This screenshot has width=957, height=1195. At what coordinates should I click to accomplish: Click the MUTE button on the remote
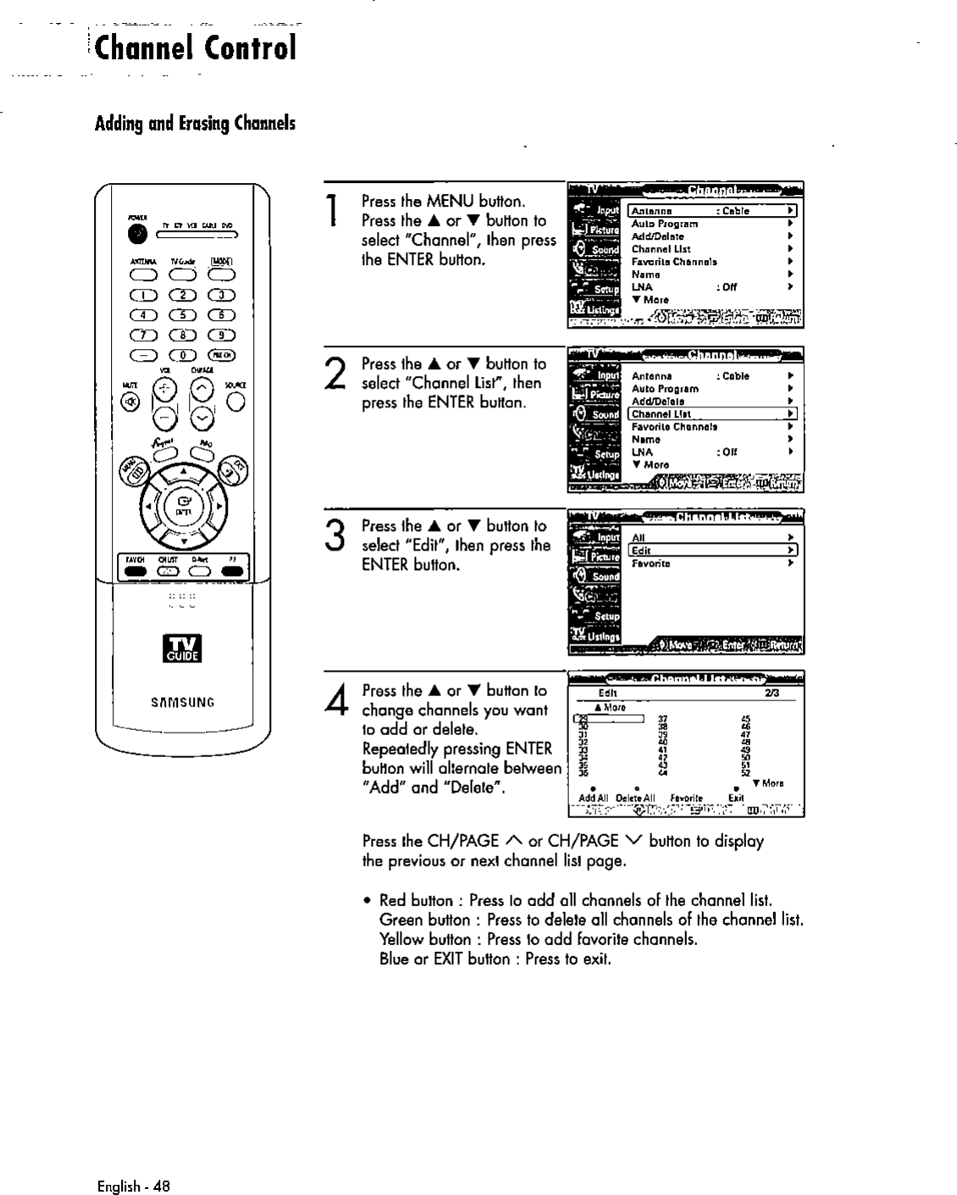coord(130,401)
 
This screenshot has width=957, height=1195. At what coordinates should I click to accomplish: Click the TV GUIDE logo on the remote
coord(184,648)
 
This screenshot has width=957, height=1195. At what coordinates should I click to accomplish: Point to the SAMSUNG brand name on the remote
coord(183,702)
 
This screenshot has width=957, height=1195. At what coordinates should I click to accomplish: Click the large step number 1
coord(335,210)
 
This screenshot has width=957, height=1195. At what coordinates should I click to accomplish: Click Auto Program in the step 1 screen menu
coord(665,224)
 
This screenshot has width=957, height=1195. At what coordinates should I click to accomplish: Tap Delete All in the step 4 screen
coord(635,798)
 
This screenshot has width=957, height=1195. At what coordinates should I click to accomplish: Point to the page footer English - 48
coord(134,1186)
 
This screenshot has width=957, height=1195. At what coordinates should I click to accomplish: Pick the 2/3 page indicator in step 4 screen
coord(771,693)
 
